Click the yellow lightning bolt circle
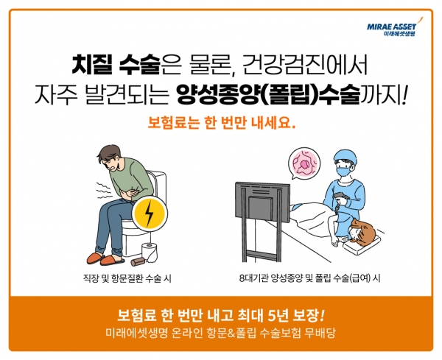pyautogui.click(x=150, y=214)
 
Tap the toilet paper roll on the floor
pyautogui.click(x=150, y=253)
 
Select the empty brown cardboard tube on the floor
pyautogui.click(x=136, y=259)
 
